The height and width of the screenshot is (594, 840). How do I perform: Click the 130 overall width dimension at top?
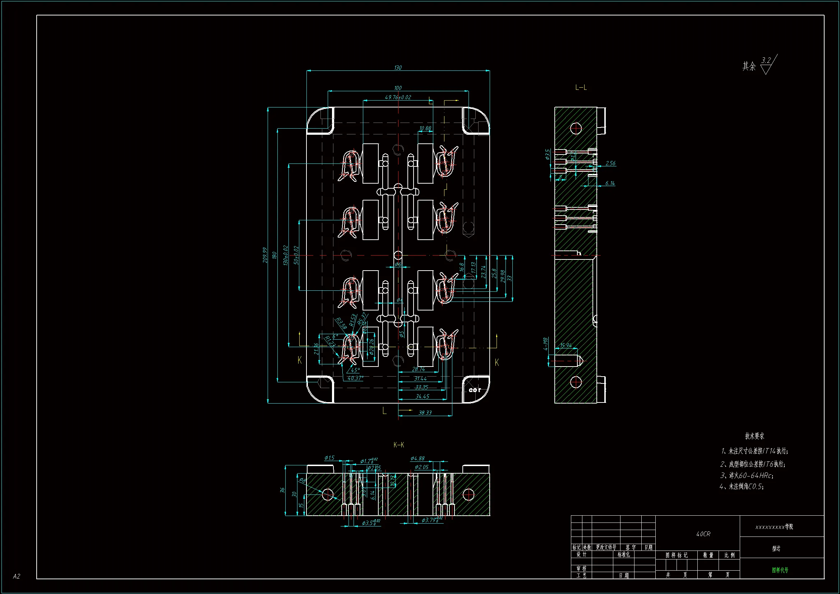click(x=398, y=68)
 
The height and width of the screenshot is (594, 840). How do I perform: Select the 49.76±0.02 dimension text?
click(x=398, y=97)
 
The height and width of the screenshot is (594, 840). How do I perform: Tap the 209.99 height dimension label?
click(x=265, y=255)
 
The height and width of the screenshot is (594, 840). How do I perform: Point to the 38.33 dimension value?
click(x=425, y=413)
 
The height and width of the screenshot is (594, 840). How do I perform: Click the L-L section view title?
click(x=581, y=87)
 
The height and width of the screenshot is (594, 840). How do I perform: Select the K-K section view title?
click(x=398, y=445)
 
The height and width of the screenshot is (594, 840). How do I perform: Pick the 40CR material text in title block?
click(x=703, y=534)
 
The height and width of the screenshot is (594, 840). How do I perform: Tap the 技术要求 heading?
click(x=754, y=436)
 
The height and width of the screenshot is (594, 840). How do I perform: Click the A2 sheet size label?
click(x=17, y=576)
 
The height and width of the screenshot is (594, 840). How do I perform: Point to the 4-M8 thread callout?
click(x=545, y=344)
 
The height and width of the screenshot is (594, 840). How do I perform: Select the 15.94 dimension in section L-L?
click(x=566, y=345)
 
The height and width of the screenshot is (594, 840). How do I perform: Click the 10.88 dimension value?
click(x=425, y=128)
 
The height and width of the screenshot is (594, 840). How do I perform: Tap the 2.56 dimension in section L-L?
click(x=610, y=164)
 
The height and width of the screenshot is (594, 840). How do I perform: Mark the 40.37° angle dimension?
click(x=355, y=378)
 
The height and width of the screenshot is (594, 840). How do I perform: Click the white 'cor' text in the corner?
click(x=475, y=390)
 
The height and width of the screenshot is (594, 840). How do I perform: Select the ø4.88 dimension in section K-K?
click(x=417, y=459)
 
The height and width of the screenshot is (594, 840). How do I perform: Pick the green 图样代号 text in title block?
click(x=780, y=570)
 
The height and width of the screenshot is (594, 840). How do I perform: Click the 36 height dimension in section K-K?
click(x=282, y=490)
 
